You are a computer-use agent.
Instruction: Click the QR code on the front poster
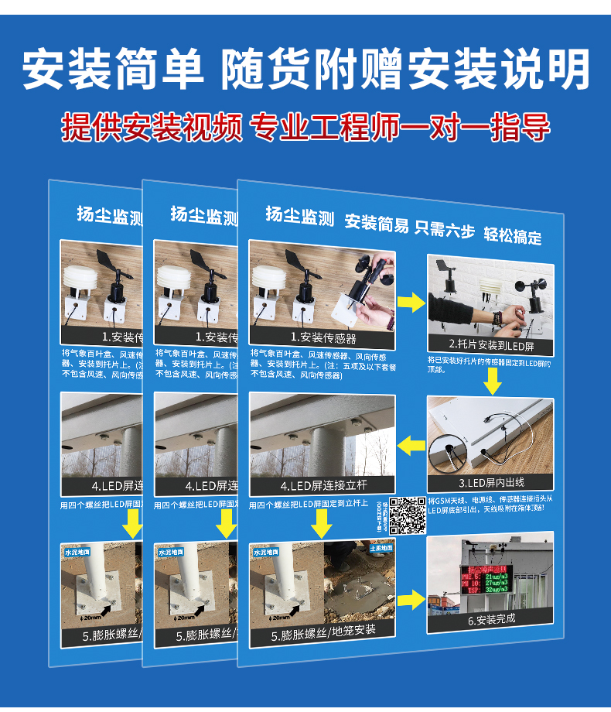click(x=407, y=515)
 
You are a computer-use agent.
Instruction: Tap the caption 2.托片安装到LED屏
click(x=490, y=344)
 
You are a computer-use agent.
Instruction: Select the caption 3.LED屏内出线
click(x=490, y=483)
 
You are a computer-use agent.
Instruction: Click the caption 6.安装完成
click(x=490, y=618)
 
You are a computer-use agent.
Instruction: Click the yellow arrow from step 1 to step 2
click(x=411, y=303)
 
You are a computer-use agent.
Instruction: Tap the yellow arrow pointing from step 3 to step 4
click(x=411, y=445)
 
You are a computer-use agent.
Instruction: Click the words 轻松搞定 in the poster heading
click(x=513, y=235)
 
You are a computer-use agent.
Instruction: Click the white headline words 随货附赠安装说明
click(x=405, y=70)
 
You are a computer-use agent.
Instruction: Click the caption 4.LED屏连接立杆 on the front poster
click(x=323, y=485)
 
